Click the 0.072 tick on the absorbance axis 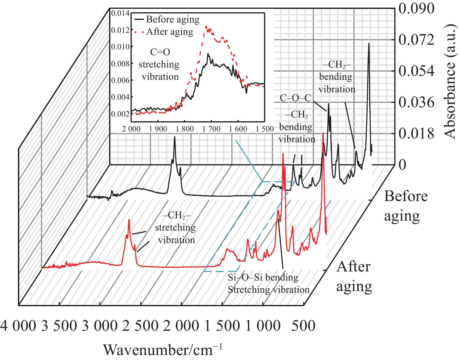pos(416,40)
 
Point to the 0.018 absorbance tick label pos(416,134)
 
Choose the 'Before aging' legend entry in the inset pos(172,20)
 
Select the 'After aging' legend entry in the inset pos(169,32)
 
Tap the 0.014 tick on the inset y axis pos(120,13)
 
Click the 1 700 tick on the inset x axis pos(211,129)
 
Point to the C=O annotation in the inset pos(160,52)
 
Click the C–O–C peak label pos(296,98)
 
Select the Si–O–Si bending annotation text pos(263,277)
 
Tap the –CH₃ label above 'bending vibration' pos(297,114)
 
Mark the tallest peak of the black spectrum pos(369,44)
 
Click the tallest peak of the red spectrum pos(323,133)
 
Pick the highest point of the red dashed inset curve pos(206,26)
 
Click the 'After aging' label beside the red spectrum pos(354,276)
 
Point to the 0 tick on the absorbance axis pos(402,165)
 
